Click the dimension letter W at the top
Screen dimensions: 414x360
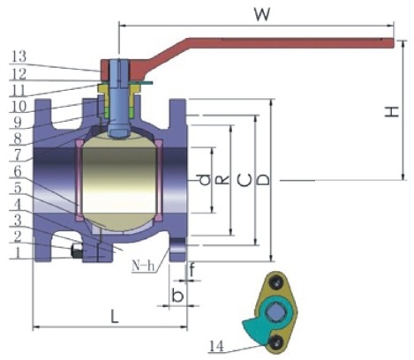[262, 14]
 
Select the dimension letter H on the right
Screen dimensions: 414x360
[392, 111]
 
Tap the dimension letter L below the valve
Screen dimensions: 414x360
[114, 317]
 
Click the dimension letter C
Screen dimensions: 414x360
[245, 180]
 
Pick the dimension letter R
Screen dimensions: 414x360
[222, 180]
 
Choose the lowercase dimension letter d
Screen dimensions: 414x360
[204, 180]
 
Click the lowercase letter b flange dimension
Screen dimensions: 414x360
[177, 295]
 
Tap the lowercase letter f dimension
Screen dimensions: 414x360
[192, 270]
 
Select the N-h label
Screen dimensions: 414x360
[143, 266]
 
